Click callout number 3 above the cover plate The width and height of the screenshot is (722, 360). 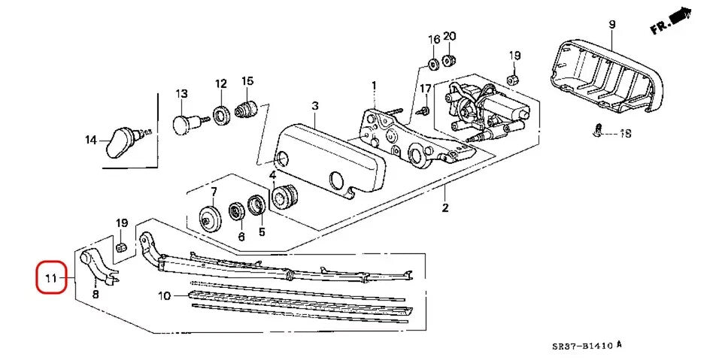(315, 106)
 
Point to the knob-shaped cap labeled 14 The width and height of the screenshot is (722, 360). (121, 141)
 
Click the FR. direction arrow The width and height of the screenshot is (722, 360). (671, 21)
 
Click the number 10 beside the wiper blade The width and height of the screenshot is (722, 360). (165, 296)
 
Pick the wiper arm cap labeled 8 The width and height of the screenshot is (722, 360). (94, 264)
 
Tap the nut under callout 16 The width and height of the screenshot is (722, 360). (434, 60)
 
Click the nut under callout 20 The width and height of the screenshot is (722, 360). (448, 59)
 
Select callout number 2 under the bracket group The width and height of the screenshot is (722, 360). (444, 207)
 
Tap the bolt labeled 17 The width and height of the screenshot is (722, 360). (423, 111)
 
